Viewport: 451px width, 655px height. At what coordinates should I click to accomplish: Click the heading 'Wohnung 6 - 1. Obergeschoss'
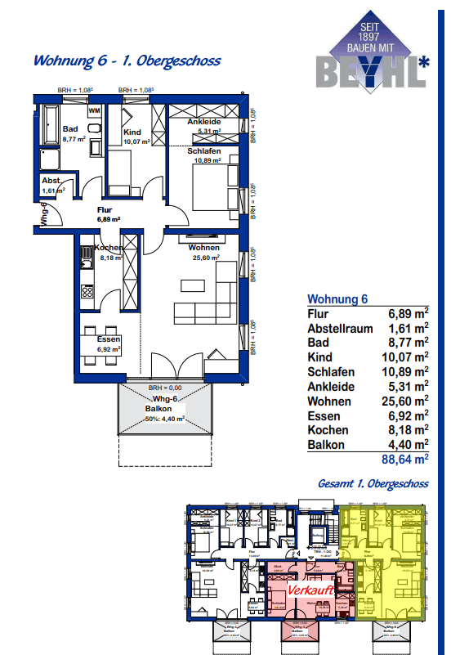(126, 61)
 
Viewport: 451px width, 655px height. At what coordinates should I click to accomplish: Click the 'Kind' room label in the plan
(133, 132)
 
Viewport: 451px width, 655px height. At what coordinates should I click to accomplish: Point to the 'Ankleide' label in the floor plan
(203, 122)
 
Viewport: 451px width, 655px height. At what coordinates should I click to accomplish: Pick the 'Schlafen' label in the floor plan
(203, 151)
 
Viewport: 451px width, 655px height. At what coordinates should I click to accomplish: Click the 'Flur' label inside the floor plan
(104, 210)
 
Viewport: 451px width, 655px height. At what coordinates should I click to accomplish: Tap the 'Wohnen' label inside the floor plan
(203, 247)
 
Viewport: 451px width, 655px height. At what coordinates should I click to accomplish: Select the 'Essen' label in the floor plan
(108, 339)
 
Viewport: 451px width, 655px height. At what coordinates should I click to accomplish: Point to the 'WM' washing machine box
(95, 110)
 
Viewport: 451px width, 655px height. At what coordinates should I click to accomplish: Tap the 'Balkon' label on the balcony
(159, 408)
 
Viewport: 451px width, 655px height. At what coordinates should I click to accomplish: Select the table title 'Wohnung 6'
(337, 298)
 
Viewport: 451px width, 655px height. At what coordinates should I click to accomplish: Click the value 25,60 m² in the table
(409, 402)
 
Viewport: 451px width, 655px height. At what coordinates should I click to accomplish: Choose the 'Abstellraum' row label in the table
(340, 328)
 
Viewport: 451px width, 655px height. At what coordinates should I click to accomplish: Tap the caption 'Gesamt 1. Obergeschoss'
(373, 484)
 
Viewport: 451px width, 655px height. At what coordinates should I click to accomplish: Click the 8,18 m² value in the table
(409, 431)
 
